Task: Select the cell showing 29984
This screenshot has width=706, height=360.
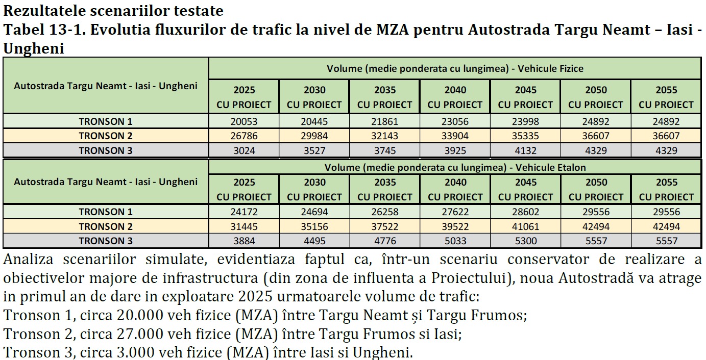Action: [x=314, y=136]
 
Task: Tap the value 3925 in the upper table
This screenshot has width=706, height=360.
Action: [x=455, y=150]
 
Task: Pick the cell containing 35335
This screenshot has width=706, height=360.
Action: [x=525, y=136]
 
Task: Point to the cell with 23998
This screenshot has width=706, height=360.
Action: [x=525, y=121]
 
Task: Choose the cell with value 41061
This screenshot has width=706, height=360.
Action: [x=525, y=226]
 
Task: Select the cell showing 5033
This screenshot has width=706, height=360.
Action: [x=455, y=241]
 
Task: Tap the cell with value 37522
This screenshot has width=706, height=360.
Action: [x=385, y=226]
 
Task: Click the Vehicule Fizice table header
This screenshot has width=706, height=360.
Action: [x=455, y=68]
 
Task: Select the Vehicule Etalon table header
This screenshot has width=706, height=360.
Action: [x=455, y=167]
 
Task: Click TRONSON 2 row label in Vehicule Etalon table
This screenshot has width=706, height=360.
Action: [x=105, y=226]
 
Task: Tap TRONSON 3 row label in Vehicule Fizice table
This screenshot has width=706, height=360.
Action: [x=105, y=150]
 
